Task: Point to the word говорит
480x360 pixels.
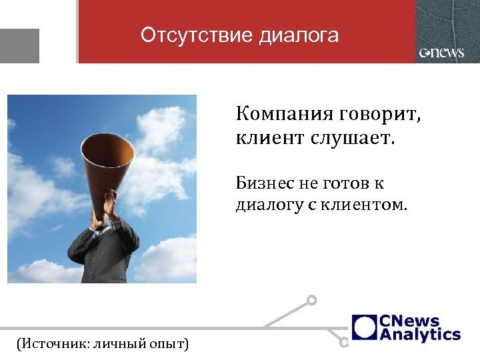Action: coord(380,114)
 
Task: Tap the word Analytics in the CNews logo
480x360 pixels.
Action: coord(420,334)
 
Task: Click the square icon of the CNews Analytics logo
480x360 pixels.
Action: coord(365,327)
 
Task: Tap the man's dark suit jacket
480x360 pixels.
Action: coord(100,257)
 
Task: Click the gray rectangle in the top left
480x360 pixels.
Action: coord(19,45)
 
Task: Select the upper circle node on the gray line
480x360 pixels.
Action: coord(311,301)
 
